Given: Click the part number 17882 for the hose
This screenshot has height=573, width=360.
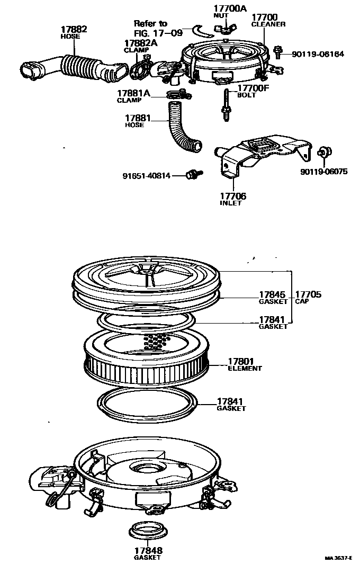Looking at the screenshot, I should pyautogui.click(x=75, y=30).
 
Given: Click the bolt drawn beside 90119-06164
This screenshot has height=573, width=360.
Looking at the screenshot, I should pyautogui.click(x=277, y=52).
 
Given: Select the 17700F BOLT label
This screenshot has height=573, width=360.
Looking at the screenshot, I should pyautogui.click(x=254, y=88).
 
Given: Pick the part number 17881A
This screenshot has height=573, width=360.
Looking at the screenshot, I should pyautogui.click(x=133, y=94).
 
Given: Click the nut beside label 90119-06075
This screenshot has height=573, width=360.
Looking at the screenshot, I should pyautogui.click(x=323, y=153).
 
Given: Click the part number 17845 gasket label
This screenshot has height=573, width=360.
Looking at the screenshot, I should pyautogui.click(x=272, y=294).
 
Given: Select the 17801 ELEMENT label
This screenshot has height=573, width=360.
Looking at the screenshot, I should pyautogui.click(x=242, y=361).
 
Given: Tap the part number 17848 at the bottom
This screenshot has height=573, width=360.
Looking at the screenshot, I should pyautogui.click(x=148, y=550).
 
